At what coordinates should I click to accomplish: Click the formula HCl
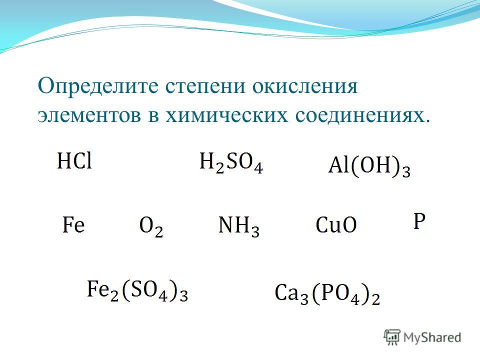74,161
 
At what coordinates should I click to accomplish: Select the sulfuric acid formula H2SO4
231,163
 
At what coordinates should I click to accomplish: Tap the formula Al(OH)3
369,167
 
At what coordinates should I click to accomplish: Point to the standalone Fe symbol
73,224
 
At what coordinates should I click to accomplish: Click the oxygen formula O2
151,227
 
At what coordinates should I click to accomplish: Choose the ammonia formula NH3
239,227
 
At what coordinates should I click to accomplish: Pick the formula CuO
336,225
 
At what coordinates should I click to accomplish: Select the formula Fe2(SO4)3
137,291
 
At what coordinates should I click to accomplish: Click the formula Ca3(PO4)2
327,294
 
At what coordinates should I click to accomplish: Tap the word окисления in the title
305,86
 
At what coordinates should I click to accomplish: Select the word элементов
89,116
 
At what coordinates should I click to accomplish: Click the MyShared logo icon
392,337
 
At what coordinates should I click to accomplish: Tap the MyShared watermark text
432,337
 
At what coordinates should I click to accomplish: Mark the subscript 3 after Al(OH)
406,172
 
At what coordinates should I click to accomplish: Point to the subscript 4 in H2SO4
258,168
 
